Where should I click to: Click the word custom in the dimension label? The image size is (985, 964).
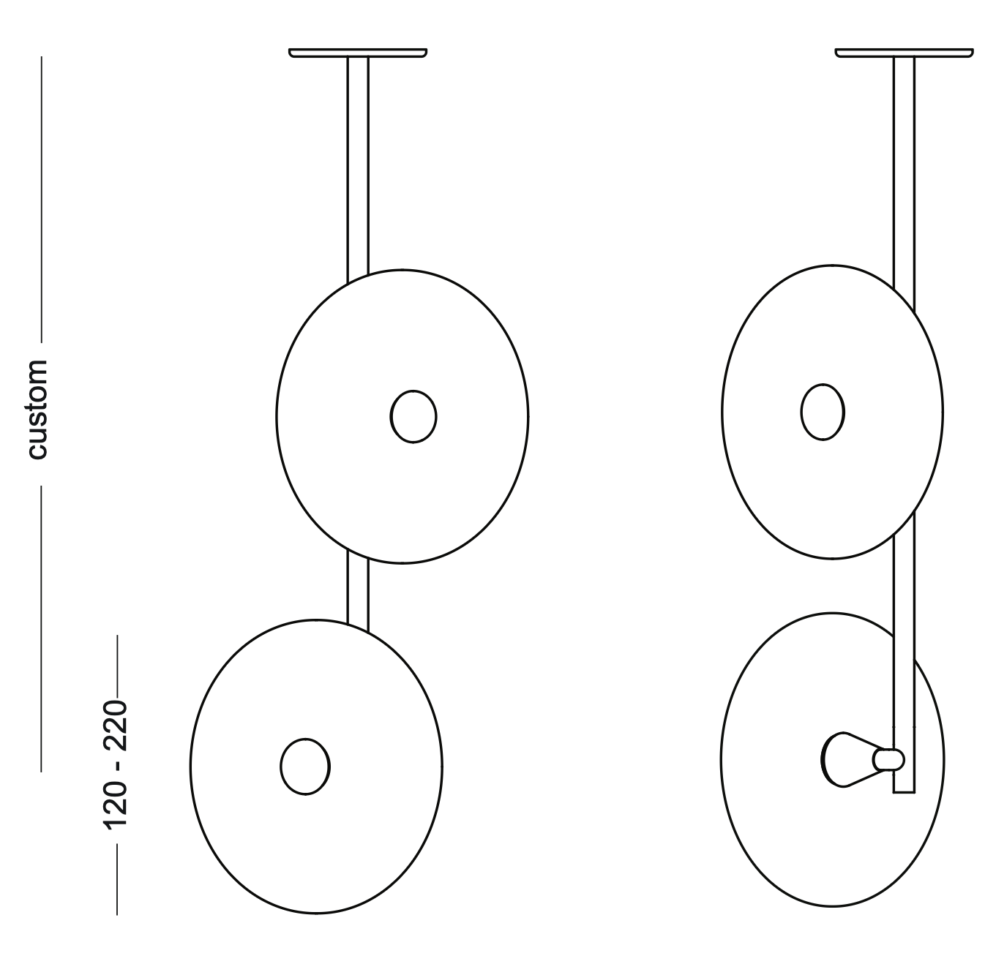tap(37, 410)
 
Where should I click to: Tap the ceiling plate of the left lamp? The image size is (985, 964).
tap(358, 53)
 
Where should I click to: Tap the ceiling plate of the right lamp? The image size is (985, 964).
tap(905, 53)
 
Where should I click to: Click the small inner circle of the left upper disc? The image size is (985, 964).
tap(413, 417)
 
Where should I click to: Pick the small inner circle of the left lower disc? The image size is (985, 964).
tap(305, 767)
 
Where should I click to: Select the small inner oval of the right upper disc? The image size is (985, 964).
tap(823, 412)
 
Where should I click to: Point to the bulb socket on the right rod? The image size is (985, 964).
tap(888, 759)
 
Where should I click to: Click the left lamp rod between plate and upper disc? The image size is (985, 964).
tap(358, 169)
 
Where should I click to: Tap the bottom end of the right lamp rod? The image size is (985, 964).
tap(905, 793)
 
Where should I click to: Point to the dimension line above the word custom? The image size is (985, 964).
tap(42, 200)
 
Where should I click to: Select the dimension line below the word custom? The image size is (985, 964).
tap(41, 628)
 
